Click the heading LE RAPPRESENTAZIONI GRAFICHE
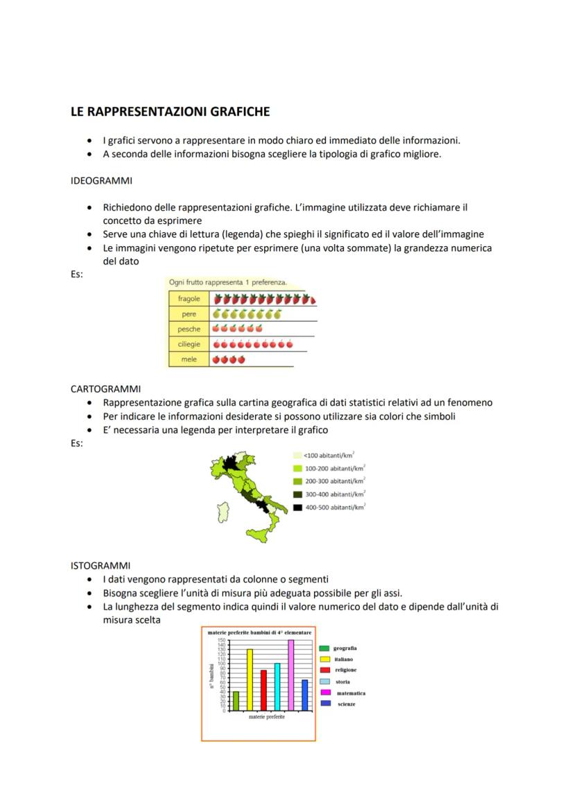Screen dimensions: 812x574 tap(170, 111)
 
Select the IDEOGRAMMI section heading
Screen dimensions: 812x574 tap(101, 181)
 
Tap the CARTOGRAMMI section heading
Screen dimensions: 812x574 tap(105, 389)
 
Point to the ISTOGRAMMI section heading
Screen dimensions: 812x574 tap(101, 565)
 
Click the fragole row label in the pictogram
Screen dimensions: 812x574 tap(189, 299)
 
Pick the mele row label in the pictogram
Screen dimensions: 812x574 tap(189, 360)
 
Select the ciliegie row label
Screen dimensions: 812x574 tap(189, 345)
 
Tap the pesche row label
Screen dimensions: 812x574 tap(189, 329)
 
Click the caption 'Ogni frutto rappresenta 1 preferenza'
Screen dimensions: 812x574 tap(228, 282)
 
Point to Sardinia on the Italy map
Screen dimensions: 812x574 tap(223, 514)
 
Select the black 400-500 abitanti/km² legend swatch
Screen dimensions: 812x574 tap(297, 508)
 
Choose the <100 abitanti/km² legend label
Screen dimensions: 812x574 tap(330, 456)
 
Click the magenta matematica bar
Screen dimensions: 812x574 tap(290, 675)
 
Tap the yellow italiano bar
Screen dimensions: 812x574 tap(250, 680)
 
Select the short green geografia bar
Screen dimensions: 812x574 tap(236, 700)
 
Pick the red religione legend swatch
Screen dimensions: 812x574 tap(324, 671)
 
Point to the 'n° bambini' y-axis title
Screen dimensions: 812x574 tap(211, 675)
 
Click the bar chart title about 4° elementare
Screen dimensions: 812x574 tap(259, 633)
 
